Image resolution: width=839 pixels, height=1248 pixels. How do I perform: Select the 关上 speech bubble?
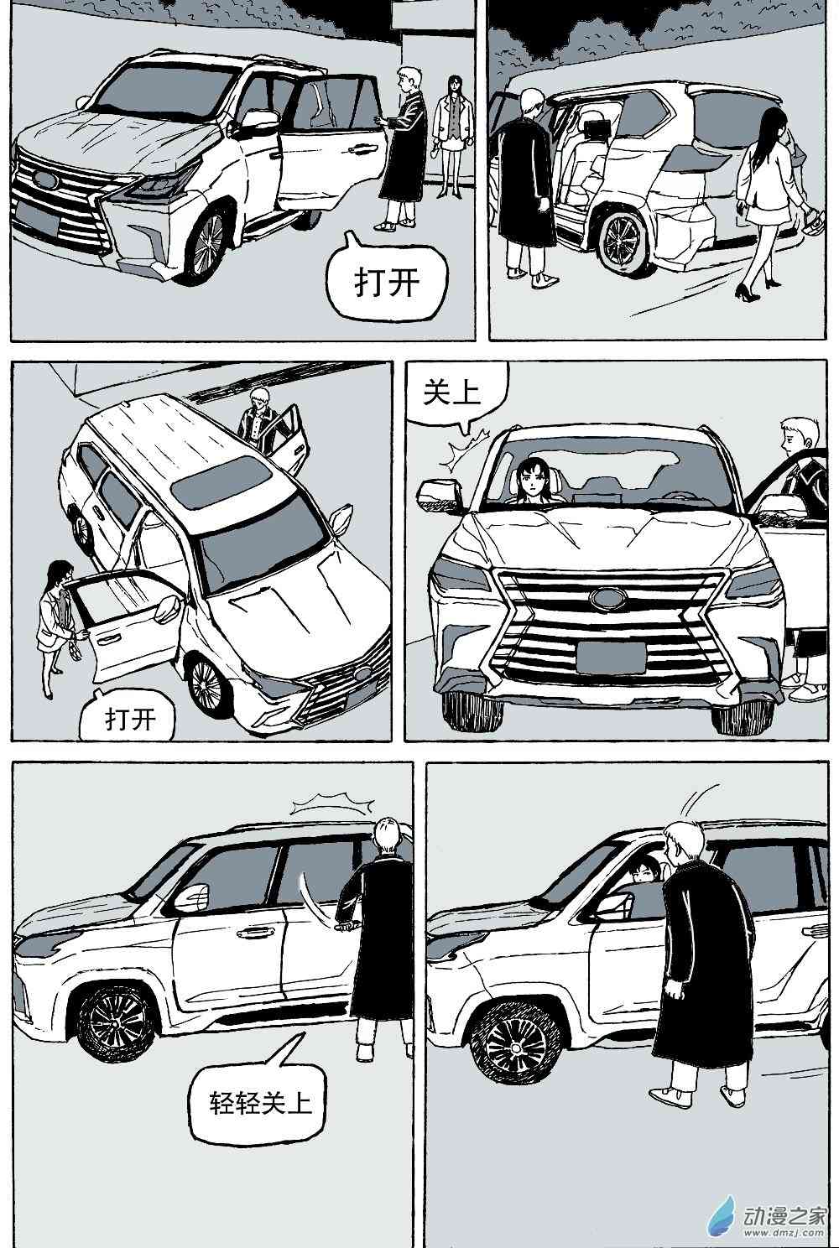(x=453, y=394)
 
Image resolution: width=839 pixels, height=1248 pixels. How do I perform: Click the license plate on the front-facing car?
(x=610, y=655)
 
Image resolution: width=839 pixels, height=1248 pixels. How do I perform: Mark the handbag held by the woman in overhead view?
(x=76, y=650)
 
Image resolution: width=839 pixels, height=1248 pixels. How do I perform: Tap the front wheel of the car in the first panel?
(x=206, y=239)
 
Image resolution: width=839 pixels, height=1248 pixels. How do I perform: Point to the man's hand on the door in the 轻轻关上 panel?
(x=344, y=925)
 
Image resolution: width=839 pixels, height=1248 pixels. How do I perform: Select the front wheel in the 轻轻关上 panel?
(x=112, y=1024)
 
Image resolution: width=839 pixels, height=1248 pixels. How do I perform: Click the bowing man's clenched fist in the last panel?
(x=673, y=991)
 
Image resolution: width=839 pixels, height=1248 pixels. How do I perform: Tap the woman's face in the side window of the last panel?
(x=642, y=874)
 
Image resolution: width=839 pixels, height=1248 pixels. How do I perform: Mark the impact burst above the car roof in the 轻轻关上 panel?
(x=331, y=804)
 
